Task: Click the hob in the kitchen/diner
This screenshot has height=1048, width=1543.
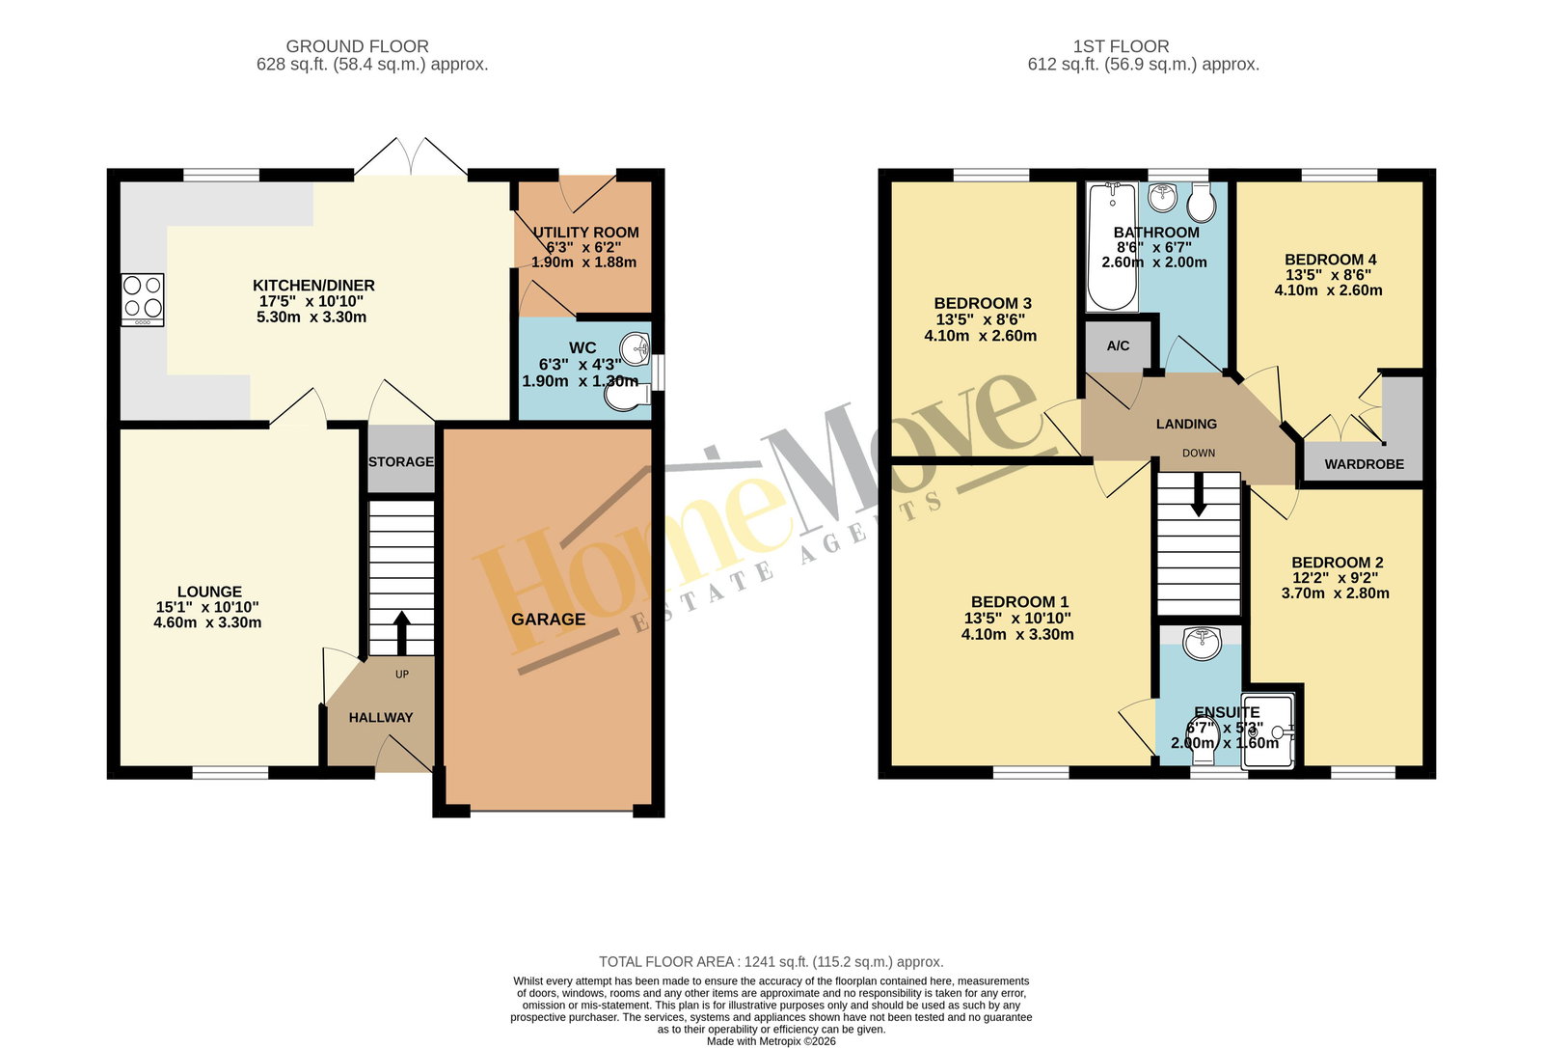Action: (x=143, y=300)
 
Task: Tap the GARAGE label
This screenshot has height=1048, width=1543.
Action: (x=549, y=620)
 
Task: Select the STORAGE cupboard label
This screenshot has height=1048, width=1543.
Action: (x=401, y=462)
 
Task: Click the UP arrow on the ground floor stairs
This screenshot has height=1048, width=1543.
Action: (x=401, y=632)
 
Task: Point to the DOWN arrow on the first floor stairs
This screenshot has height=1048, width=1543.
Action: (x=1199, y=494)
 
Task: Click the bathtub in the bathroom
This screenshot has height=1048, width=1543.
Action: (x=1112, y=247)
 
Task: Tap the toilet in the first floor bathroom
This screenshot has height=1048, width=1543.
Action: (x=1203, y=202)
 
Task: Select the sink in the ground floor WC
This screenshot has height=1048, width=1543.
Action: (x=636, y=348)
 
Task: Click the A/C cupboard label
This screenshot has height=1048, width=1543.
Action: (x=1118, y=345)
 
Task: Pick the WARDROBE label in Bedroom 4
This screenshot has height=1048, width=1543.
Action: (x=1364, y=465)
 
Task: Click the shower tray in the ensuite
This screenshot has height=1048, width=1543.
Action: (x=1268, y=731)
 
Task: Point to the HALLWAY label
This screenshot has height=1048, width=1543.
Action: (x=381, y=718)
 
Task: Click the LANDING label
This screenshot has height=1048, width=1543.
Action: (x=1186, y=424)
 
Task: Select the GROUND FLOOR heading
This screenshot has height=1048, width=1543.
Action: (x=358, y=46)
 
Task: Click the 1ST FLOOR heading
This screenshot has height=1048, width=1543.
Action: (x=1121, y=46)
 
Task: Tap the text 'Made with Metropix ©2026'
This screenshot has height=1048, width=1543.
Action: (x=771, y=1041)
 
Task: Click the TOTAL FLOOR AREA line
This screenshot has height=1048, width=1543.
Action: (x=771, y=962)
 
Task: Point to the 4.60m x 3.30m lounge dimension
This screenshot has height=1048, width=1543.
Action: (x=207, y=622)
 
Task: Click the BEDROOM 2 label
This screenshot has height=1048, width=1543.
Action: (x=1337, y=563)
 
